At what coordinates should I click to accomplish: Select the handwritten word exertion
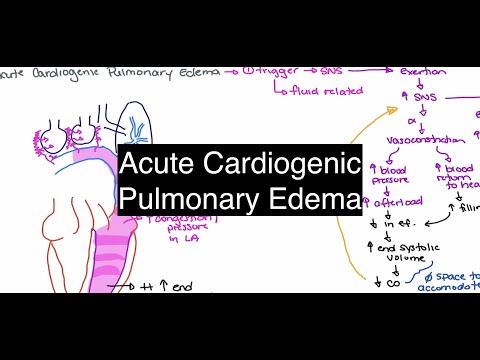click(x=422, y=74)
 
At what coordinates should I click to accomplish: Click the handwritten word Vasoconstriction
click(x=415, y=142)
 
